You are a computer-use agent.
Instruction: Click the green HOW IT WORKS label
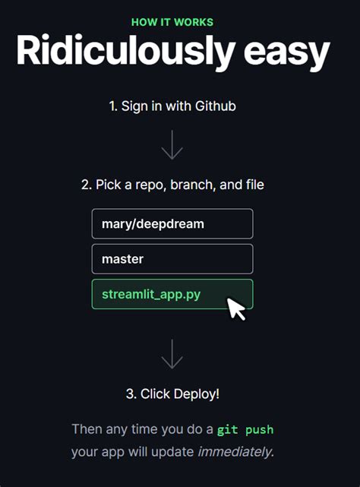172,22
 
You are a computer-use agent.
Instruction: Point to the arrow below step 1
172,144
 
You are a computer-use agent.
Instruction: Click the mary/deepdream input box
172,224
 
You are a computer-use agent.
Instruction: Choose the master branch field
172,259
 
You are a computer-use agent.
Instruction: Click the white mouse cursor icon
237,308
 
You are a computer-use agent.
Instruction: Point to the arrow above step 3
172,354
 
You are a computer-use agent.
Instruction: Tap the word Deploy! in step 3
197,394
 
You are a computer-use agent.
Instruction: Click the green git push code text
245,430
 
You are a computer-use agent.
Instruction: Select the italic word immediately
234,452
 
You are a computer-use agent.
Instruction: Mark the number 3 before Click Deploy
130,394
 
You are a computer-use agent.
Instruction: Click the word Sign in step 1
134,106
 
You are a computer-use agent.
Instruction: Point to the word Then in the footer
87,429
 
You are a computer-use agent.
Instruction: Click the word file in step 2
253,185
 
